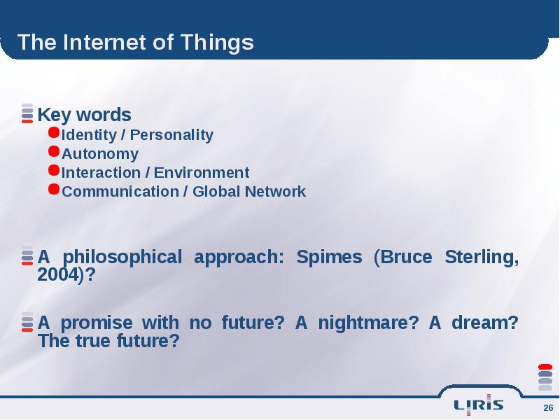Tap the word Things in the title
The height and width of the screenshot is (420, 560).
tap(217, 43)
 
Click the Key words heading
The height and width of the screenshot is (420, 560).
tap(84, 115)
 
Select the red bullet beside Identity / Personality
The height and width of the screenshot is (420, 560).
tap(54, 132)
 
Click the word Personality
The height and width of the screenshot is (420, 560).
tap(171, 135)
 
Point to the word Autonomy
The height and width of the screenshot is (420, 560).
tap(100, 154)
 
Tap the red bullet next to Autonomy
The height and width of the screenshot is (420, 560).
tap(54, 151)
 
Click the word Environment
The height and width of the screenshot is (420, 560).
tap(202, 173)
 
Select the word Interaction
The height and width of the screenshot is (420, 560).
tap(101, 173)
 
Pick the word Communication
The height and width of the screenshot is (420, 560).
tap(120, 192)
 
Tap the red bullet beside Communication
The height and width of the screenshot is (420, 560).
tap(54, 189)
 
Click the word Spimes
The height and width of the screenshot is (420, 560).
tap(329, 258)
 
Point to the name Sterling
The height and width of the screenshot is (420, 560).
tap(482, 257)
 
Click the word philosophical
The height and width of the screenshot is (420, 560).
tap(122, 258)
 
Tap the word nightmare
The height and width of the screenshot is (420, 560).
tap(364, 323)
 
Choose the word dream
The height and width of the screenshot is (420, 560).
tap(480, 323)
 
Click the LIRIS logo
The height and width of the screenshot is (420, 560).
tap(479, 405)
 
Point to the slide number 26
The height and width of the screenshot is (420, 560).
tap(548, 408)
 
